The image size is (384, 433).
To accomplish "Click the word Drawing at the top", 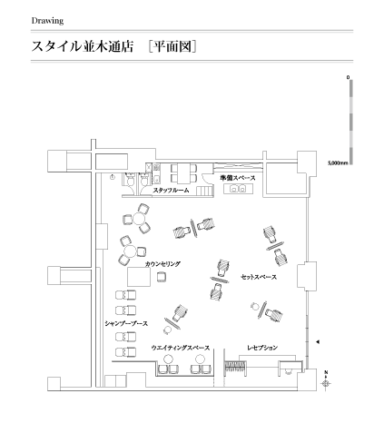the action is point(47,21).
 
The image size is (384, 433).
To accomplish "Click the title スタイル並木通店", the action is point(83,46).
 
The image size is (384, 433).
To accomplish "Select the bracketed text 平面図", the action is point(172,46).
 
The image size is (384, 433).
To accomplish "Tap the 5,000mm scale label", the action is point(338,163).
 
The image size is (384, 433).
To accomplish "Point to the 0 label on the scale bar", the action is point(348,77).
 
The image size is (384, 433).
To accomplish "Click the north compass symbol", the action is point(326,382).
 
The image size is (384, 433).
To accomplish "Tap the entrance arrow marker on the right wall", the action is point(318,342).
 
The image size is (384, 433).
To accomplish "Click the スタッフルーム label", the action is point(171,191).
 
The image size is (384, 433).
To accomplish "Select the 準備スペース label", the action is point(238,178).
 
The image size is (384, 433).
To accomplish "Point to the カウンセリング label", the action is point(162,264).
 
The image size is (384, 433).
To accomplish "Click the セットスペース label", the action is point(259,277).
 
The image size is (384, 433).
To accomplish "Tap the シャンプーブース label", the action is point(126,323).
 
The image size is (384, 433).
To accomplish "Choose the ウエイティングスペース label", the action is point(181,348).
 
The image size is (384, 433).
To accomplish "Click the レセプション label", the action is point(262,348).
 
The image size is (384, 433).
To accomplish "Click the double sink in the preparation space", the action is point(238,189).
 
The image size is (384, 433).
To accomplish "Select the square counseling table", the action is point(139,277).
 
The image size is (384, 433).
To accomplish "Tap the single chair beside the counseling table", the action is point(162,277).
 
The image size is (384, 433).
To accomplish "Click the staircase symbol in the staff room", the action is point(205,192).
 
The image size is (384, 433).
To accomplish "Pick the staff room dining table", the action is point(183,173).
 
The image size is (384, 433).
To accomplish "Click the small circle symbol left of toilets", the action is point(113,177).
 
